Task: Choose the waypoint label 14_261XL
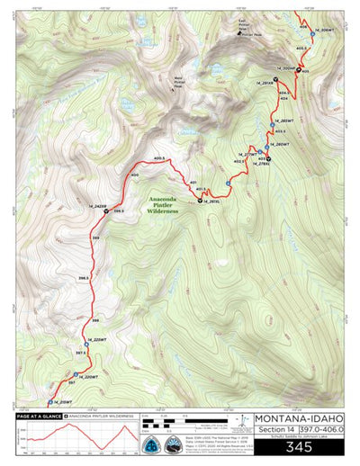coord(212,202)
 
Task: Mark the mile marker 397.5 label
coord(80,354)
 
